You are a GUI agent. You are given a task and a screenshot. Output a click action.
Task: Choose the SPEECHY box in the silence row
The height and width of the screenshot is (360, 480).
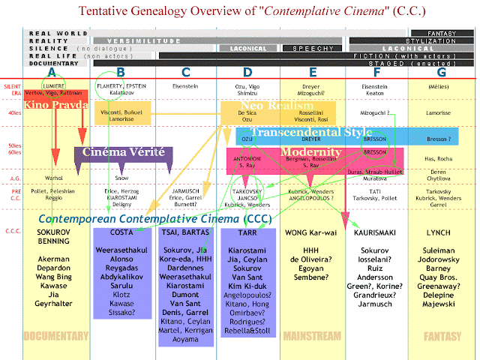pyautogui.click(x=307, y=48)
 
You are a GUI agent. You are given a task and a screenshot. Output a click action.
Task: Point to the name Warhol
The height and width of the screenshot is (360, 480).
pyautogui.click(x=52, y=179)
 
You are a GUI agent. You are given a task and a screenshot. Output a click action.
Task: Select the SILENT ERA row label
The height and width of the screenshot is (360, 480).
pyautogui.click(x=12, y=91)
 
